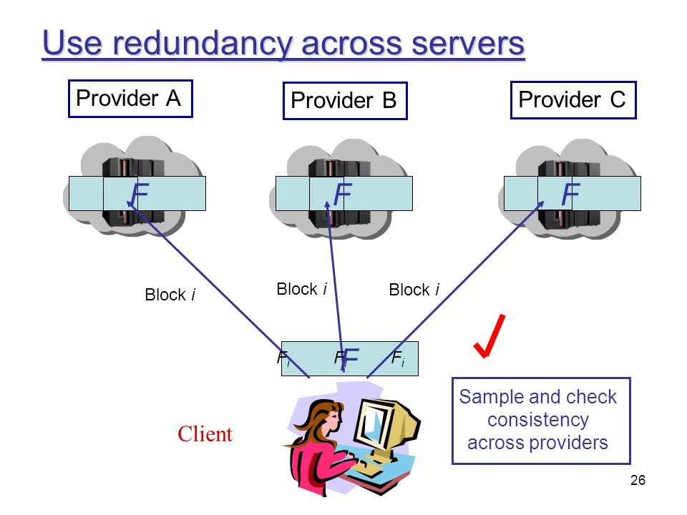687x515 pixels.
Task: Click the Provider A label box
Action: point(130,99)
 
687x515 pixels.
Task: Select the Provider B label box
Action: point(345,101)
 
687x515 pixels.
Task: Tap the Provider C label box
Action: point(573,100)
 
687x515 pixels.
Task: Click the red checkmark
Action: point(489,336)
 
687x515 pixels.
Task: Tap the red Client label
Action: point(205,434)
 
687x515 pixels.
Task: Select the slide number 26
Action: point(638,480)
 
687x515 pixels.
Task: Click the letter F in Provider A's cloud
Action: point(140,194)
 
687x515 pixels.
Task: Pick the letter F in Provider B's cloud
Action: point(343,194)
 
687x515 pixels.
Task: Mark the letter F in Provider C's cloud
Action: point(570,194)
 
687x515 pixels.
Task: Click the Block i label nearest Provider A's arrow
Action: point(170,295)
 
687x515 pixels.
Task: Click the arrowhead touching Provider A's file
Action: point(130,204)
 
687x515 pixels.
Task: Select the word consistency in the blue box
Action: point(538,420)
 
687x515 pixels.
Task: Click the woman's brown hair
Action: point(316,416)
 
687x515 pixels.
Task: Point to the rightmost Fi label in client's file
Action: point(398,358)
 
